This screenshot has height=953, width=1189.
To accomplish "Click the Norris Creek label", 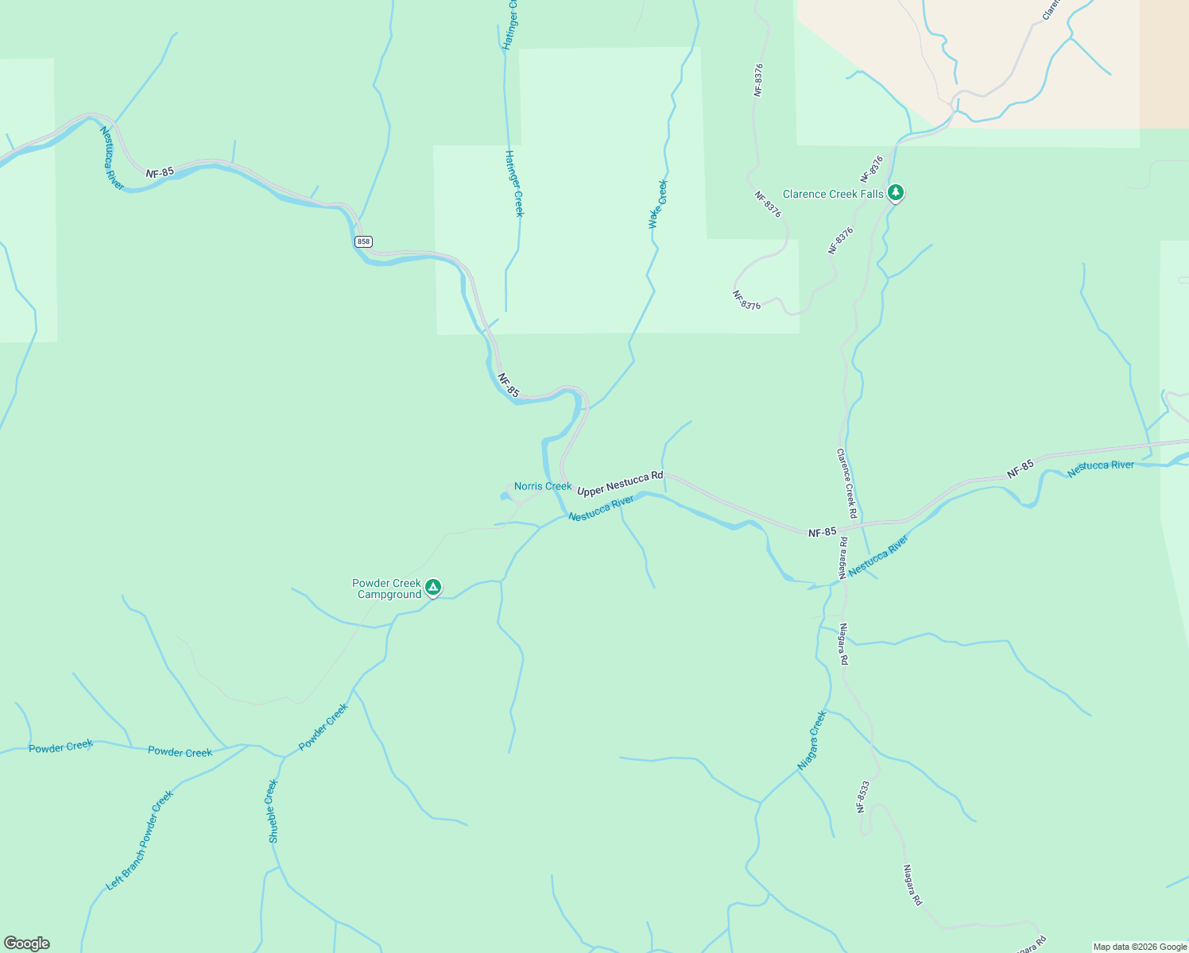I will click(x=542, y=486).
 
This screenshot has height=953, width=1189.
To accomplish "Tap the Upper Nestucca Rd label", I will click(x=620, y=484).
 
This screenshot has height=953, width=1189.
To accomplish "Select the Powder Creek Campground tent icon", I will click(x=433, y=588).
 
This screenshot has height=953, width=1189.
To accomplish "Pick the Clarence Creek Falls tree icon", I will click(x=896, y=192).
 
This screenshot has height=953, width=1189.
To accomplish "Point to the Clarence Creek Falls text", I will click(x=832, y=194).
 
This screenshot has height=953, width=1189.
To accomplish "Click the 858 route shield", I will click(x=363, y=241).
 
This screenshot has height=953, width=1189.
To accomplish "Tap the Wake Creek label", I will click(x=658, y=204).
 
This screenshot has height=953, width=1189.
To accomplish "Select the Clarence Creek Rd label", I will click(x=846, y=484).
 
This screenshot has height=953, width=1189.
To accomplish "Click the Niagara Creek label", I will click(x=812, y=740).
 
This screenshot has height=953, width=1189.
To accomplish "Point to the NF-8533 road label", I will click(x=863, y=797).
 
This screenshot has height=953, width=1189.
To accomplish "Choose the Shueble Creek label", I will click(x=273, y=811).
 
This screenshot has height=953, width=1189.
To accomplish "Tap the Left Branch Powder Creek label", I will click(x=140, y=840).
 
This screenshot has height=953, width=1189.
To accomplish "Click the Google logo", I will click(x=27, y=943).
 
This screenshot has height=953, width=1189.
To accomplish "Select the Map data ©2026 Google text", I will click(x=1139, y=947).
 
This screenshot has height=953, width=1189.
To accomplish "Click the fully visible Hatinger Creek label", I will click(x=514, y=183).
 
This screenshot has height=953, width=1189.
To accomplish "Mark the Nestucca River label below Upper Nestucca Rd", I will click(x=601, y=508).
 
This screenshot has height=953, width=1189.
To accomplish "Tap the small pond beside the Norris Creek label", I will click(x=505, y=497).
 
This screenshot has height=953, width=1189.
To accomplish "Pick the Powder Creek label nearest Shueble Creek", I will click(x=323, y=727).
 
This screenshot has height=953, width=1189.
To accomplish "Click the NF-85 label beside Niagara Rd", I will click(x=822, y=532).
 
